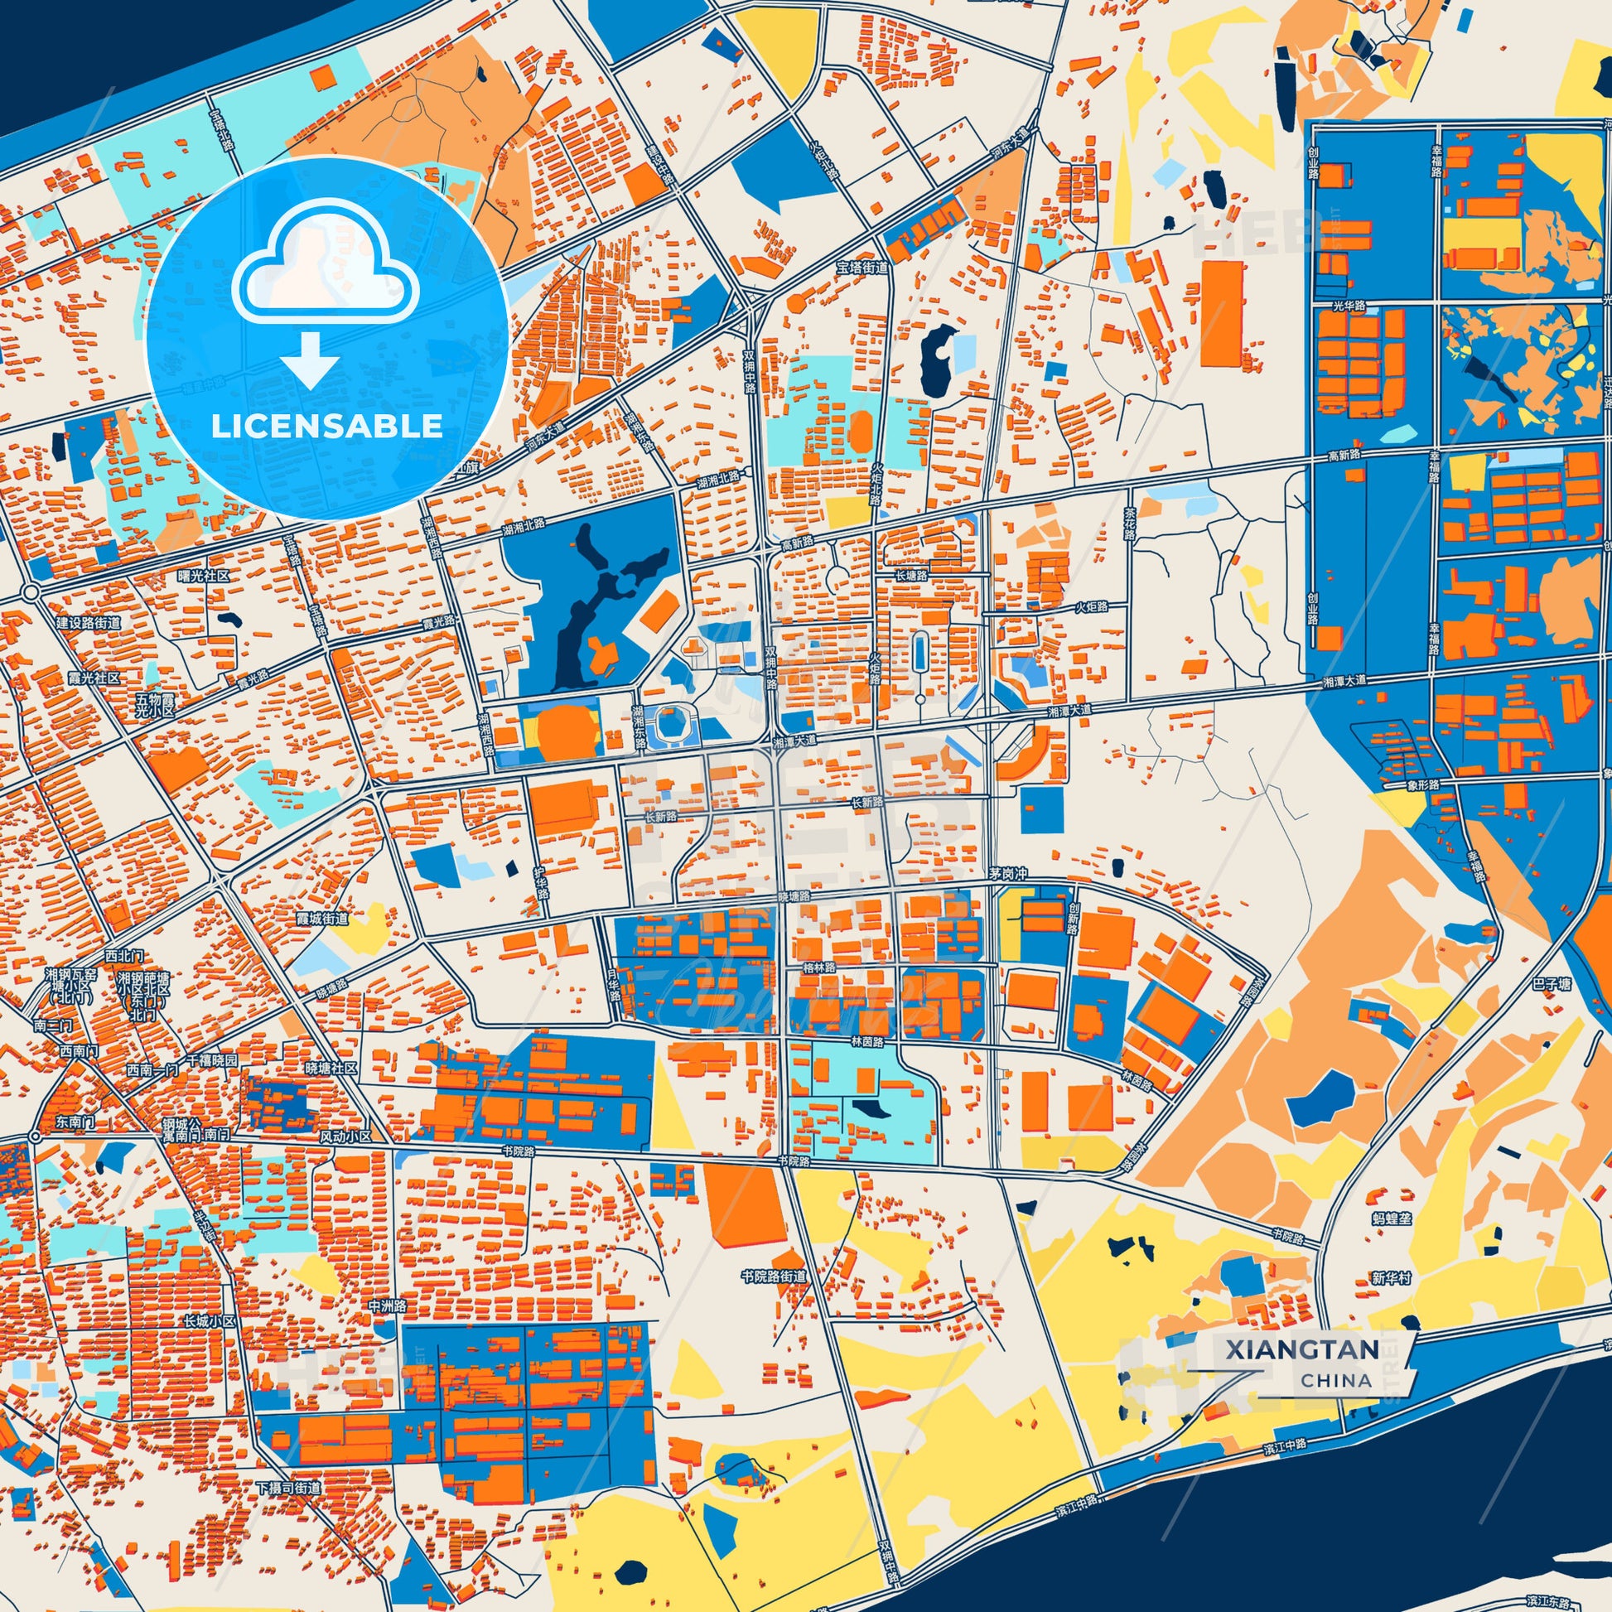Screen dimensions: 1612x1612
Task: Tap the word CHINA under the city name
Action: (x=1336, y=1380)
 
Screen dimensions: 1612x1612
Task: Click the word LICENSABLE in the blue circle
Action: (x=326, y=427)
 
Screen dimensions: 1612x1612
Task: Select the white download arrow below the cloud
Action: (x=310, y=360)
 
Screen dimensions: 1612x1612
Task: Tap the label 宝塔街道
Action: (x=862, y=267)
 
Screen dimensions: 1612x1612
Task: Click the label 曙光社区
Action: (x=203, y=576)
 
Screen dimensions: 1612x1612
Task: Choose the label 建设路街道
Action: (x=89, y=623)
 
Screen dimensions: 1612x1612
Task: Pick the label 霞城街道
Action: (x=322, y=919)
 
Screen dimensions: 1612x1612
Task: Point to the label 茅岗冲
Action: (x=1007, y=874)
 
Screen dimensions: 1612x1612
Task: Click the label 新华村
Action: (x=1391, y=1277)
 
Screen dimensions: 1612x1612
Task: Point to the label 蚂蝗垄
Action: (x=1392, y=1219)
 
